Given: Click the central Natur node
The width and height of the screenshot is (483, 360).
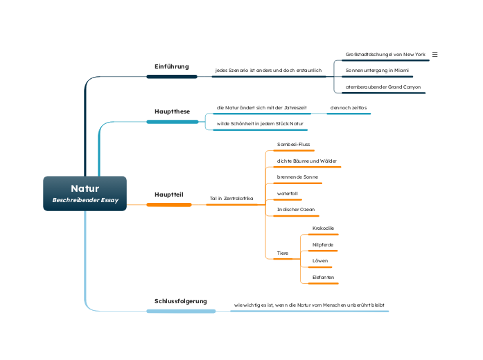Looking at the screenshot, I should point(85,193).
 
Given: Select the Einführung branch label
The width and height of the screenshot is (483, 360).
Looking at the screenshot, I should point(171,66).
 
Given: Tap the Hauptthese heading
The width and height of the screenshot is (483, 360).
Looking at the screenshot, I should point(172,111).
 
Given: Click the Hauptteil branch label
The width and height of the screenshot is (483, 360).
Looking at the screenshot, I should point(169,195).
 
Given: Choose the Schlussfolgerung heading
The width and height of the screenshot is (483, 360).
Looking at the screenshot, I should point(180,301).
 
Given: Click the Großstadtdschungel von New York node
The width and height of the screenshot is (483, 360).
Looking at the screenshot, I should point(385,54).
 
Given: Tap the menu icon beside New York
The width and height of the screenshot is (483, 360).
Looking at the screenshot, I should point(435,54).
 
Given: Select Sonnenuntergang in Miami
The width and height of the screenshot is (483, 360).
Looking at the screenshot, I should point(377,71).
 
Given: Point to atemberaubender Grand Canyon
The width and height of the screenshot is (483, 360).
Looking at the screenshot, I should point(383,87).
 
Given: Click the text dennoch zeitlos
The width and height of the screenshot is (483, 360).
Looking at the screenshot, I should point(349,107).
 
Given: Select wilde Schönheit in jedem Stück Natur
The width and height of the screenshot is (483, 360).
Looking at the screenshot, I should point(260,124).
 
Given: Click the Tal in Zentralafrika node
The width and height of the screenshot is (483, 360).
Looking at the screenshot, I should point(231,199).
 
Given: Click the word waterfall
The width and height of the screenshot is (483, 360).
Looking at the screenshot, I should point(288,193).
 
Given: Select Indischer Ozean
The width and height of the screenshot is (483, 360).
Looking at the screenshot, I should point(295,209).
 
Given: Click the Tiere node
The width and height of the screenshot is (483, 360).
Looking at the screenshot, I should point(283,253).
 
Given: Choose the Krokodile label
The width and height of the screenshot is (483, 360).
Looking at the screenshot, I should point(323,228).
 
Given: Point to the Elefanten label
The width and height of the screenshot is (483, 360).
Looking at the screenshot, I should point(323,277).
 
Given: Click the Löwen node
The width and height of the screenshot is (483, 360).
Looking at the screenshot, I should point(320,260).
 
